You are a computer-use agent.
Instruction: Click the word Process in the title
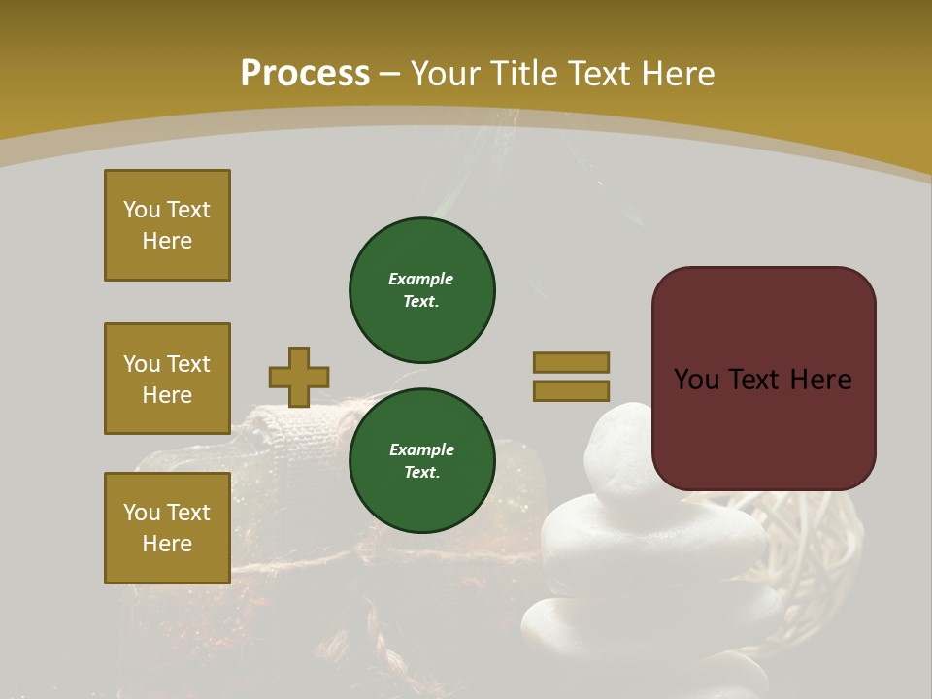(x=305, y=73)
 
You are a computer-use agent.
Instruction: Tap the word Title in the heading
(x=526, y=73)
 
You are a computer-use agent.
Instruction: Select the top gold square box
(x=167, y=225)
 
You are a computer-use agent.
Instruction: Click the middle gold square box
(x=167, y=379)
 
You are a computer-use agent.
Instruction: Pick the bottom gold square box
(x=167, y=528)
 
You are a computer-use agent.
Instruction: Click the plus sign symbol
(x=299, y=377)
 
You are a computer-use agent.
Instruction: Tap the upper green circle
(x=421, y=289)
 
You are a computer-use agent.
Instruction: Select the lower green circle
(x=421, y=460)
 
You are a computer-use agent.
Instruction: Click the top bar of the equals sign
(x=571, y=362)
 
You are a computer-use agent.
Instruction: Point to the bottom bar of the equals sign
(x=571, y=390)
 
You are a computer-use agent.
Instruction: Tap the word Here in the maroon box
(x=819, y=379)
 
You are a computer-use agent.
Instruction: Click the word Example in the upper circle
(x=421, y=279)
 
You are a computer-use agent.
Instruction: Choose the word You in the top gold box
(x=141, y=210)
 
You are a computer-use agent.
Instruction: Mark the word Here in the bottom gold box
(x=167, y=544)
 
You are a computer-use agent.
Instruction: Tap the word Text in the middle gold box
(x=188, y=364)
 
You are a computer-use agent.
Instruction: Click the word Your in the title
(x=447, y=73)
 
